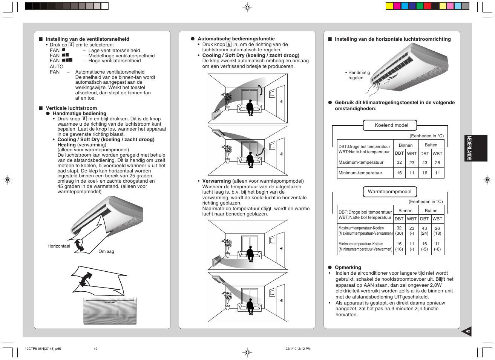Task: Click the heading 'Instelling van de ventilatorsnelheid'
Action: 87,39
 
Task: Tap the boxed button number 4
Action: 71,45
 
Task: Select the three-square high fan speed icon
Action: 67,60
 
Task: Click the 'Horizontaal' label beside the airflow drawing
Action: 59,246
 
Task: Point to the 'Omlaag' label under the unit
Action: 106,251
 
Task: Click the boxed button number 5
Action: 84,118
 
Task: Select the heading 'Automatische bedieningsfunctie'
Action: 236,39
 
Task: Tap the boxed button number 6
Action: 229,44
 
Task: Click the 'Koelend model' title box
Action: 391,125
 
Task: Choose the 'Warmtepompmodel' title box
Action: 389,192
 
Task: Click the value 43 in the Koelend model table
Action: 425,163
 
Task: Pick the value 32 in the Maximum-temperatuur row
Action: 399,162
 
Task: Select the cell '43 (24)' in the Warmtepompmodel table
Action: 425,231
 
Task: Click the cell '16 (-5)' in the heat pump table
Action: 425,246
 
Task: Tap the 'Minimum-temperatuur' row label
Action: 360,173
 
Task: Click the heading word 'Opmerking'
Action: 348,267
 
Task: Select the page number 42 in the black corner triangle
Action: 468,331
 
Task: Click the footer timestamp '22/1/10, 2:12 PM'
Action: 298,349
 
